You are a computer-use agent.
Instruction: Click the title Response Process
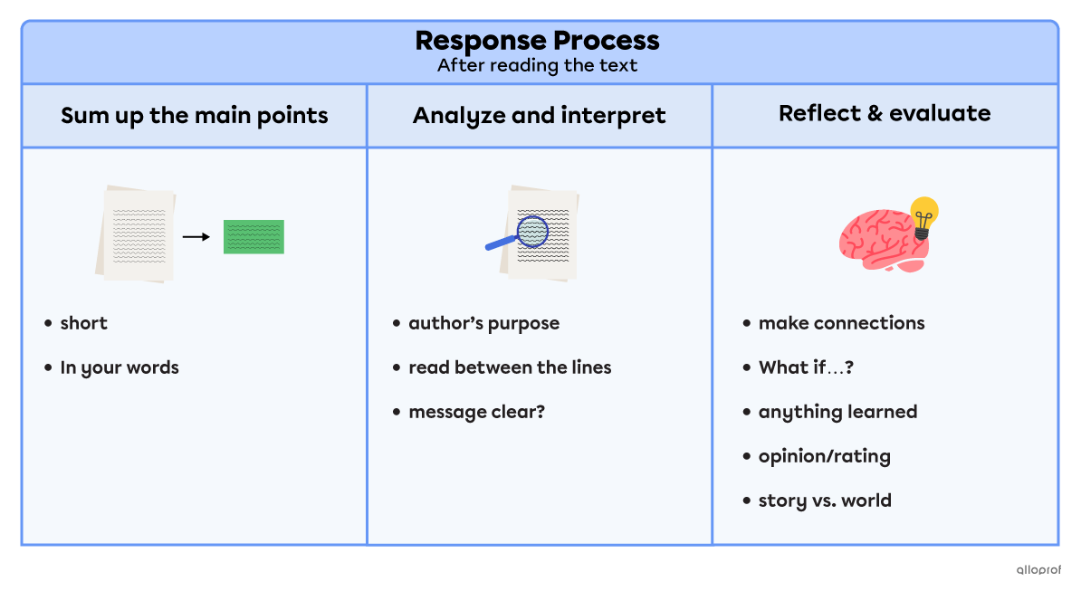click(x=537, y=41)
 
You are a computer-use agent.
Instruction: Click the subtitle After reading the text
click(x=537, y=65)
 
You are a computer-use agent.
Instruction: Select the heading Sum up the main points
click(x=194, y=116)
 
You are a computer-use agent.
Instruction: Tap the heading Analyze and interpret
click(x=539, y=116)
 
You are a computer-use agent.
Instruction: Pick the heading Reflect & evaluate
click(x=884, y=113)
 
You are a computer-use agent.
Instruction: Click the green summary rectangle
click(x=254, y=236)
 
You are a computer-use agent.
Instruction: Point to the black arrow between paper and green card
click(x=196, y=237)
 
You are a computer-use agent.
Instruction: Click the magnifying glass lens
click(x=532, y=231)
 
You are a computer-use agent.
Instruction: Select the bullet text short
click(x=83, y=323)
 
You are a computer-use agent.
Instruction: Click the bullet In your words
click(x=119, y=367)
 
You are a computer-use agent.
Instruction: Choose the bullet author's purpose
click(x=483, y=323)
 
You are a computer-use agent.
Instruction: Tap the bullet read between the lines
click(x=510, y=367)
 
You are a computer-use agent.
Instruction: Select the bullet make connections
click(x=841, y=323)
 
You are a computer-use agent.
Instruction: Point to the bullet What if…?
click(x=806, y=367)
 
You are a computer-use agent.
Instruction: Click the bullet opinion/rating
click(x=824, y=456)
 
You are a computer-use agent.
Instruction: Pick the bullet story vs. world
click(x=825, y=500)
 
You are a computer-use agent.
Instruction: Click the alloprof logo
click(x=1038, y=569)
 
